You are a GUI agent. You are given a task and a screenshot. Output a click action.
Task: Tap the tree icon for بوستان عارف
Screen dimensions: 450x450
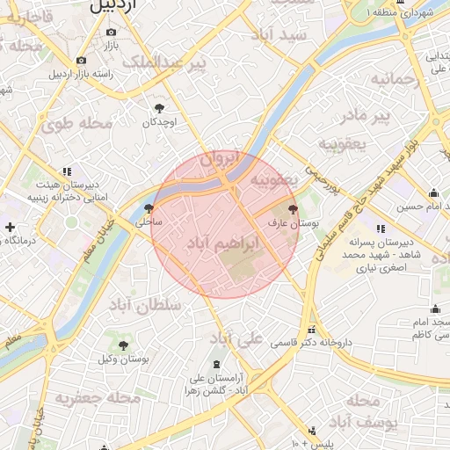(293, 210)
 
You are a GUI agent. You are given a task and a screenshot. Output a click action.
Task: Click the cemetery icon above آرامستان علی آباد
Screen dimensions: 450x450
(216, 364)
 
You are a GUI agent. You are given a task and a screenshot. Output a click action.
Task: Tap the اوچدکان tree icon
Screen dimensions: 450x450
(159, 107)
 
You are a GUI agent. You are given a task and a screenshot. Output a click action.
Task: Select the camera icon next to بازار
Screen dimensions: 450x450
(112, 32)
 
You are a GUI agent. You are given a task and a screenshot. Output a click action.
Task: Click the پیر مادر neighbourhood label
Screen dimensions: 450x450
(366, 115)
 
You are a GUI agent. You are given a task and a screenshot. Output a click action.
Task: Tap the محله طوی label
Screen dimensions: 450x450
(77, 124)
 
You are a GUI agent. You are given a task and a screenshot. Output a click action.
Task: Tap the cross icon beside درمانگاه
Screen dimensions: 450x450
(10, 227)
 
